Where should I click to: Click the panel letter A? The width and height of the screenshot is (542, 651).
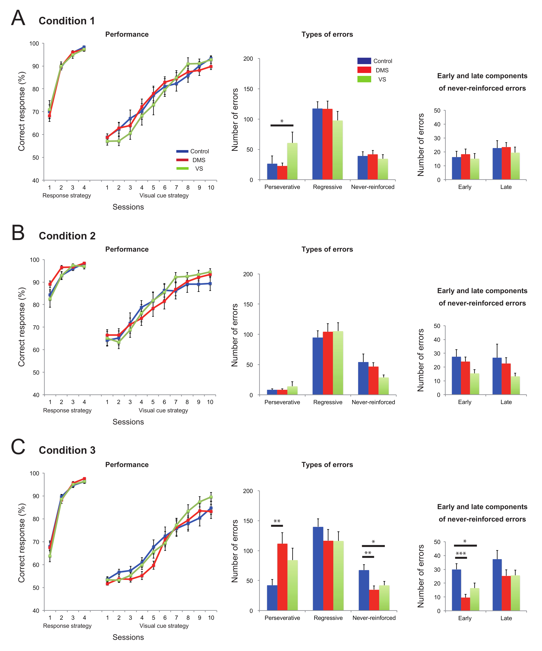coord(18,18)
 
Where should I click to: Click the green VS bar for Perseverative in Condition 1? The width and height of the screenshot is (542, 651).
coord(292,161)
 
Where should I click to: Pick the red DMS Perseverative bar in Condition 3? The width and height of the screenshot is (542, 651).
coord(282,577)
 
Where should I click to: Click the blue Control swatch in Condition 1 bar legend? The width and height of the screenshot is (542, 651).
coord(364,61)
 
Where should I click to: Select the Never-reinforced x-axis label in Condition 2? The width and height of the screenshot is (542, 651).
coord(373,402)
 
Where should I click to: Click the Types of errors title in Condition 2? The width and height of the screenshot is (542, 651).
coord(327,249)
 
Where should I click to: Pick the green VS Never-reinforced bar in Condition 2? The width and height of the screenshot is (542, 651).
coord(383,386)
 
